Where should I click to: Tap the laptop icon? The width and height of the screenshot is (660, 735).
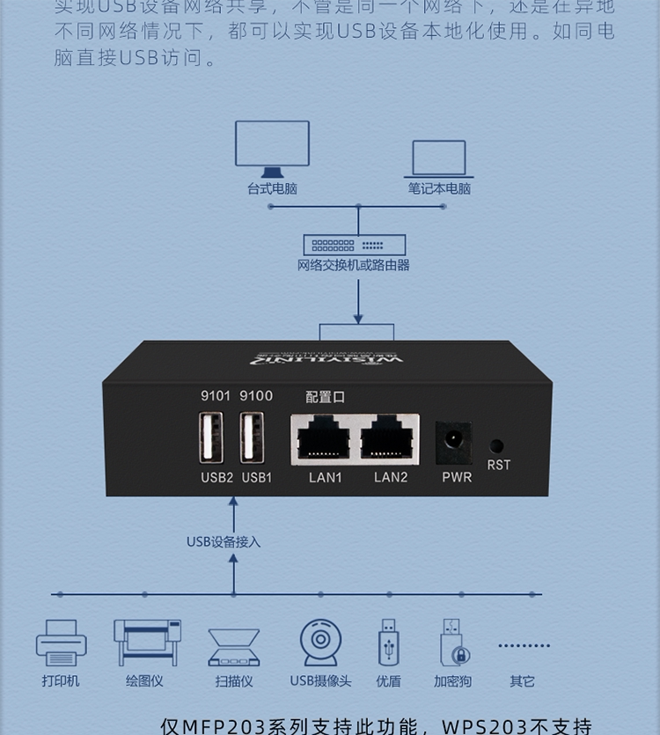click(439, 160)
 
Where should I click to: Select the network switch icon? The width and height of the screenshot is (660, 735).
click(355, 245)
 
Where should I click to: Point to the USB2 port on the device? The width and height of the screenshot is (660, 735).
click(211, 437)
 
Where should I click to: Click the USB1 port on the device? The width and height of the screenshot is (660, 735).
click(252, 437)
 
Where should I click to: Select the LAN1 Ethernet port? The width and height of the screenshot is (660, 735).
click(324, 438)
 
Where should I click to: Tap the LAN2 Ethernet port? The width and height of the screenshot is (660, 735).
click(390, 438)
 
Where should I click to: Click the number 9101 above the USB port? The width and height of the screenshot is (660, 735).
click(216, 396)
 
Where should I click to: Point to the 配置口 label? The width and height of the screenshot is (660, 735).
click(325, 397)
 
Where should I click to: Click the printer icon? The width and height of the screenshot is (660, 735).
click(62, 643)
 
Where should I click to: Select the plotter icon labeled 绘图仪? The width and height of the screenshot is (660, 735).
click(147, 643)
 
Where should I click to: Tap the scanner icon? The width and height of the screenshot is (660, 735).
click(234, 647)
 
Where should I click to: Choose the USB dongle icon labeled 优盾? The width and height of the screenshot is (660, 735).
click(388, 643)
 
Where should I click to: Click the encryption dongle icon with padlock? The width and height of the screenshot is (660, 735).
click(452, 643)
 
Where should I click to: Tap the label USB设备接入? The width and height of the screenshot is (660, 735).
click(224, 541)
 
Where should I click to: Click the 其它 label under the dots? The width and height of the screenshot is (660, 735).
click(522, 681)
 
